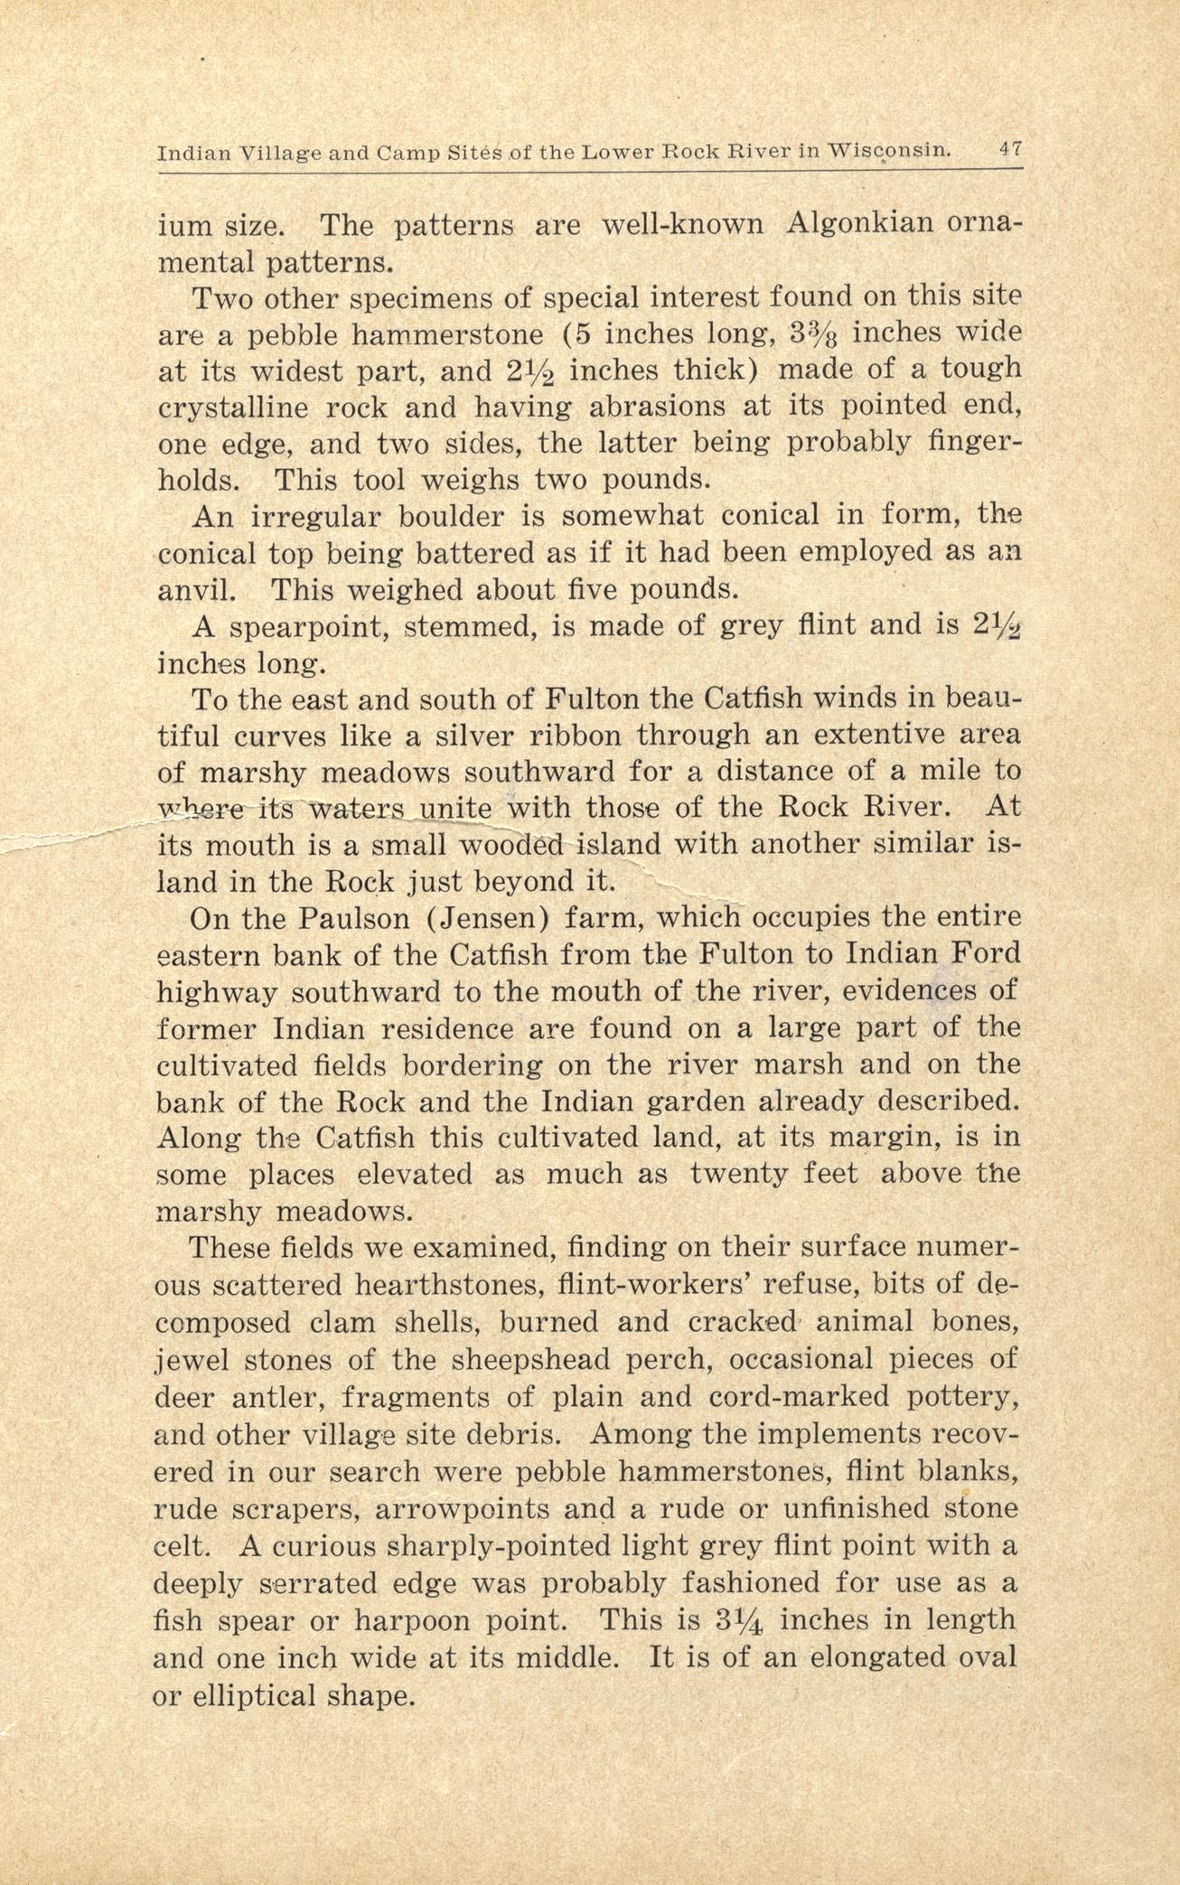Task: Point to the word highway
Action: pos(215,993)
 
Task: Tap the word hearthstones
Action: pos(442,1284)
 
